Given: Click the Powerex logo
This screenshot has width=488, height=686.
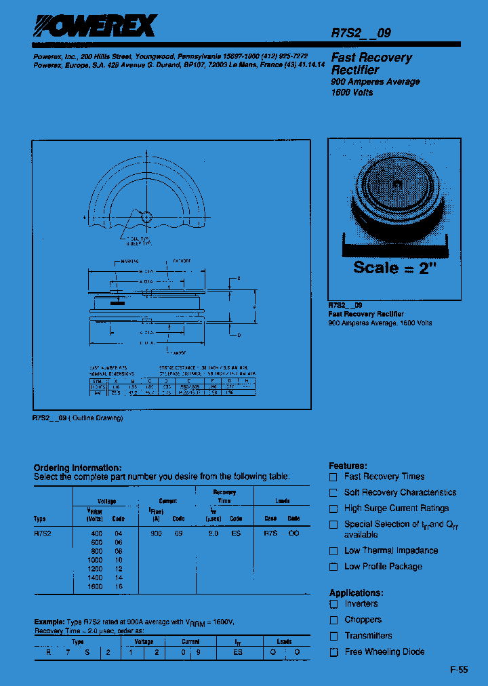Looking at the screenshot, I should (96, 26).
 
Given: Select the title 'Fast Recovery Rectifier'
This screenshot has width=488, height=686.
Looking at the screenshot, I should (371, 64).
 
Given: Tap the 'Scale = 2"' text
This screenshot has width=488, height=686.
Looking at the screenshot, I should (392, 268).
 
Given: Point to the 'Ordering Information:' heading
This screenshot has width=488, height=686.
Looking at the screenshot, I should (77, 468).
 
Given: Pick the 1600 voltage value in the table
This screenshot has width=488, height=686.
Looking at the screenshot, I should (95, 586).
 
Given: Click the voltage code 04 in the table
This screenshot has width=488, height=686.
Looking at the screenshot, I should (119, 533).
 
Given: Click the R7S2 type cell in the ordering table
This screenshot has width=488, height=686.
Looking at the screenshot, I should (42, 533).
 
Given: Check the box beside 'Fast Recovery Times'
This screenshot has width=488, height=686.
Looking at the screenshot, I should (333, 477).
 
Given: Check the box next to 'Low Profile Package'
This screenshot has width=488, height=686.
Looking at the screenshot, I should (333, 567).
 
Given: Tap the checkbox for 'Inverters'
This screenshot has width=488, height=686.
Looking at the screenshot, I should (333, 604).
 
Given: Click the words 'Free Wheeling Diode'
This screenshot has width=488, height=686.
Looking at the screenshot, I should (384, 651).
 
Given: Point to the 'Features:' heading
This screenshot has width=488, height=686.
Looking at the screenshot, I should (348, 466).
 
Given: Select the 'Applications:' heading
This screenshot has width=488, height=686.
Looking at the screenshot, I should (355, 592).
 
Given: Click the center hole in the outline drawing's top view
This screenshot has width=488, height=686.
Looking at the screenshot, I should (144, 216).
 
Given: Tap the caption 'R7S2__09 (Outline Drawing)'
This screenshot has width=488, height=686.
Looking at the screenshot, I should (78, 418).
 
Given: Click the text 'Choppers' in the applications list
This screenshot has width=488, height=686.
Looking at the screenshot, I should (363, 620).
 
